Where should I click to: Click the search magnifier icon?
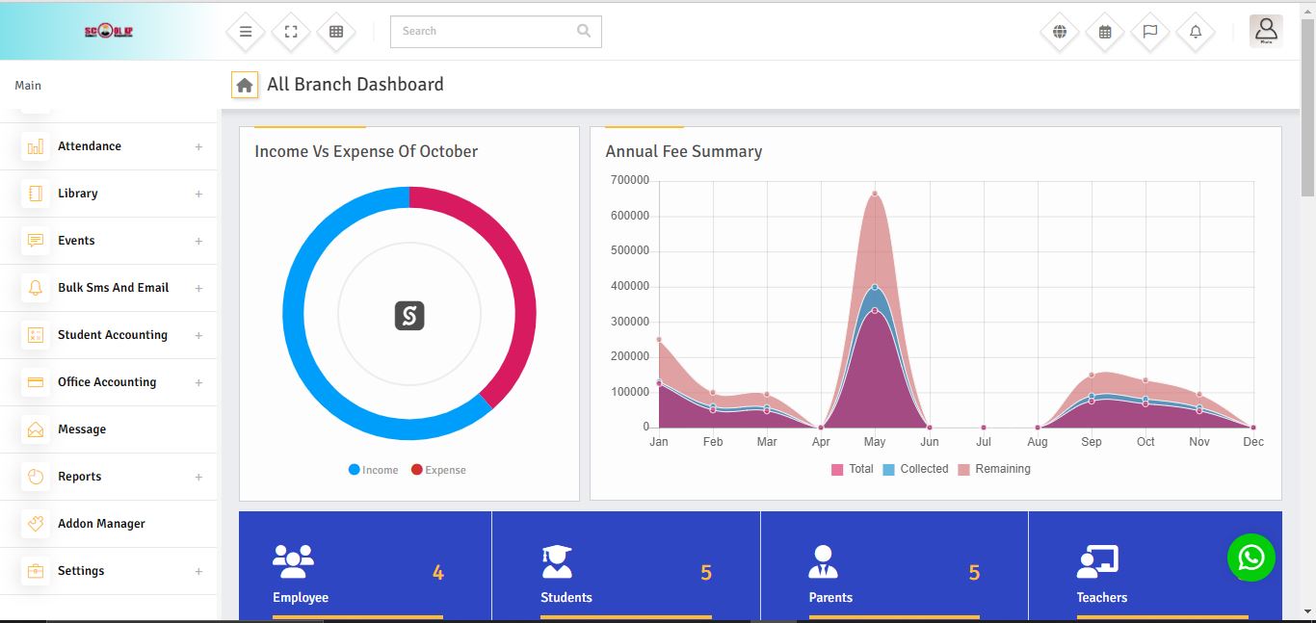point(583,31)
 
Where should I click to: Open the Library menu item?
point(78,194)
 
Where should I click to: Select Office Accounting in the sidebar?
point(107,382)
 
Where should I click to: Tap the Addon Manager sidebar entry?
point(101,524)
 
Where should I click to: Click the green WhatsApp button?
point(1250,557)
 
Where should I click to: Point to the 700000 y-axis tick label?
point(630,180)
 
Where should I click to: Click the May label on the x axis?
point(875,442)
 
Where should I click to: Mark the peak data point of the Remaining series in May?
point(875,194)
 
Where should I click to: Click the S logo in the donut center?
point(409,316)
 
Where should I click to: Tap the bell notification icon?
point(1196,32)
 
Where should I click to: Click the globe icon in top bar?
point(1060,32)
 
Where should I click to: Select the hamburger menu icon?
point(246,32)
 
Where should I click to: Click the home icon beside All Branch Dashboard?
point(245,85)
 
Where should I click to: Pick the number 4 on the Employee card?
point(438,573)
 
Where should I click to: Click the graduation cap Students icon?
point(557,560)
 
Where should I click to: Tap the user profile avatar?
point(1266,31)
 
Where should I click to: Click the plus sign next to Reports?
point(198,477)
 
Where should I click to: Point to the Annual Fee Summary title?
point(683,151)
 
